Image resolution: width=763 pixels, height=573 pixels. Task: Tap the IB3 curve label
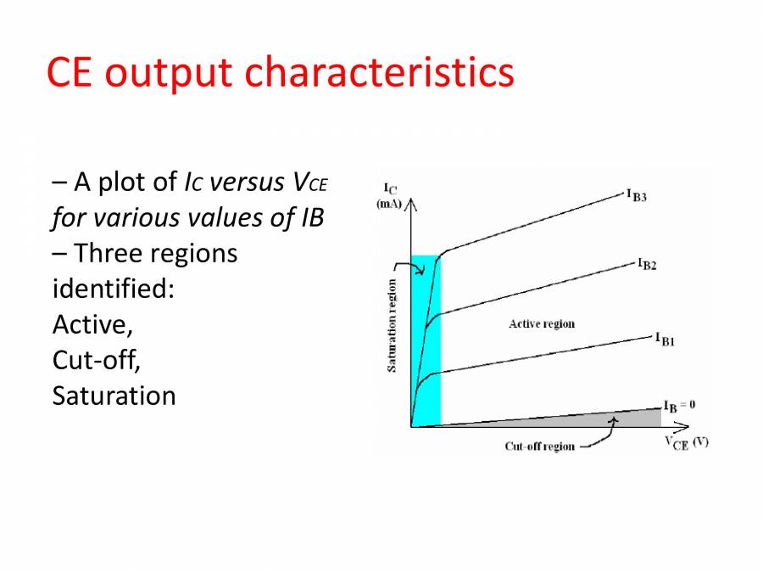(x=637, y=196)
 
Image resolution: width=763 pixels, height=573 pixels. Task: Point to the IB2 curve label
(x=648, y=264)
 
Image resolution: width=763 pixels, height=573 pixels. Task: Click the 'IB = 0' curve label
(x=679, y=406)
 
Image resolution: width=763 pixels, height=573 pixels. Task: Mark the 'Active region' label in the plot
(x=541, y=323)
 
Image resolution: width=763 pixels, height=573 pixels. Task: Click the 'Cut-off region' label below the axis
(x=539, y=447)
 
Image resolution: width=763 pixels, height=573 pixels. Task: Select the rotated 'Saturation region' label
(x=392, y=325)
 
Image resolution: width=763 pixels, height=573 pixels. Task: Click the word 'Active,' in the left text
(x=92, y=324)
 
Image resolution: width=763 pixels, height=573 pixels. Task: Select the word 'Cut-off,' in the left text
(x=96, y=360)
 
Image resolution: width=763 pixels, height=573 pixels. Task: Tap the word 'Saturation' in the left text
(x=114, y=396)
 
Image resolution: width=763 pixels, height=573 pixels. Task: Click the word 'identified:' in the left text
(x=113, y=289)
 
